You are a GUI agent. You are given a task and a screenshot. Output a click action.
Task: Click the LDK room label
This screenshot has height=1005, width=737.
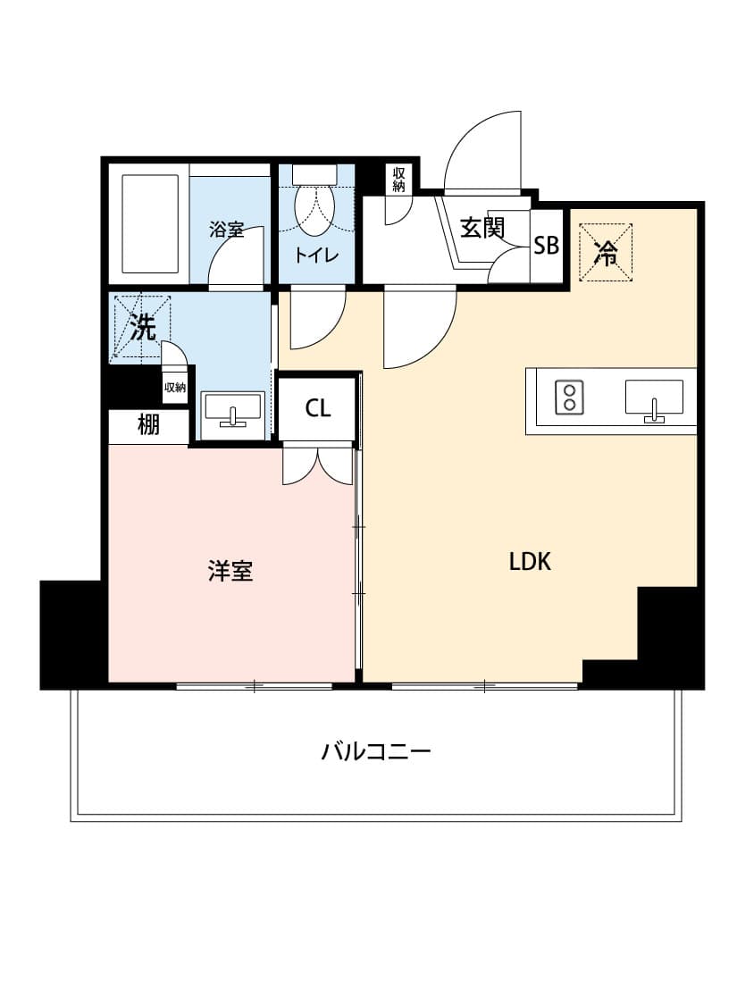tap(530, 562)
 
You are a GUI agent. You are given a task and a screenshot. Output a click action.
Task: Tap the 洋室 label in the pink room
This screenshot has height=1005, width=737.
tap(230, 571)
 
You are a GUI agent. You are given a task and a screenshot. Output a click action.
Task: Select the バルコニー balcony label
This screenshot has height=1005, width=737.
tap(375, 750)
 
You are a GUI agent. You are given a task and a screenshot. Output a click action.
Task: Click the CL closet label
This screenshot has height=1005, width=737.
tap(318, 407)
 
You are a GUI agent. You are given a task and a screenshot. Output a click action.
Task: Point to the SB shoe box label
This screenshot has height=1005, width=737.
tap(547, 246)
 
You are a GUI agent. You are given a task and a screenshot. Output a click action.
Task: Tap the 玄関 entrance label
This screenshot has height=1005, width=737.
tap(482, 228)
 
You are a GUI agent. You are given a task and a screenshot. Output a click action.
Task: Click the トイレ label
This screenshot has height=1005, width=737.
tap(316, 255)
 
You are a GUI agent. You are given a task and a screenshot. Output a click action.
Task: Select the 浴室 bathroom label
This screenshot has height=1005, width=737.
tap(226, 230)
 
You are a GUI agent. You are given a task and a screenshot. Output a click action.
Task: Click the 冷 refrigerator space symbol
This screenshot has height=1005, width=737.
tap(605, 252)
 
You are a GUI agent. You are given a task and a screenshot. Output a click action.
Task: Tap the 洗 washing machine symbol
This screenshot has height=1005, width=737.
tap(142, 328)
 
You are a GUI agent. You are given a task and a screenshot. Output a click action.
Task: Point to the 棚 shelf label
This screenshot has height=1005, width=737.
tap(148, 424)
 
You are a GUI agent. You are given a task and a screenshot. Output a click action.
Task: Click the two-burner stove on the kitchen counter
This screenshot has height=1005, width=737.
tap(569, 397)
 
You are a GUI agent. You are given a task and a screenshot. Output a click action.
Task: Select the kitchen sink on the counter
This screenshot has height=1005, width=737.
tap(654, 398)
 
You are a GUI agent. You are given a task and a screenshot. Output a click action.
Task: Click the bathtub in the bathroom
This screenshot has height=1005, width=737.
tap(150, 224)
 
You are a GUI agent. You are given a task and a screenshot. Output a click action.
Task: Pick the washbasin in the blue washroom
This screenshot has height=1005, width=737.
tap(232, 410)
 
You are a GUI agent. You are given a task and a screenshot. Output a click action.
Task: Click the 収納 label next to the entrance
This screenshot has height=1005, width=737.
tap(398, 180)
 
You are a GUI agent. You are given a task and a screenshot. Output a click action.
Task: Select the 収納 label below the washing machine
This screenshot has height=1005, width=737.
tap(175, 387)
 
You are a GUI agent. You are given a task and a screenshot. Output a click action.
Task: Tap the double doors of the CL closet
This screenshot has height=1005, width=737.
tap(318, 464)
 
